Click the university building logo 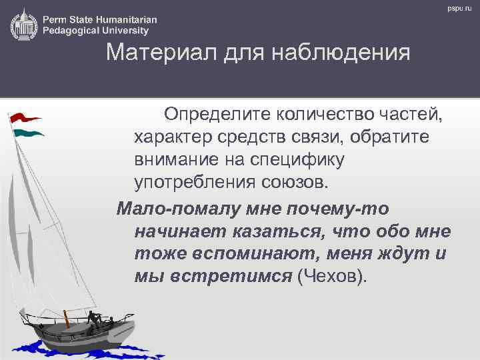(23, 25)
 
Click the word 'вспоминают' (251, 254)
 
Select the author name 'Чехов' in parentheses (331, 277)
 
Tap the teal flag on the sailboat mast (29, 133)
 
